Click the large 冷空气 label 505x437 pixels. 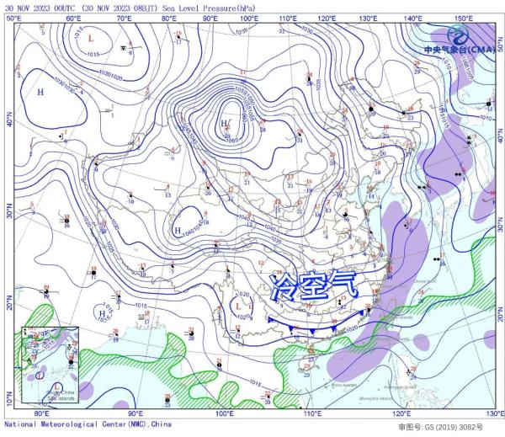(316, 287)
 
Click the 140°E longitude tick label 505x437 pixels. (412, 16)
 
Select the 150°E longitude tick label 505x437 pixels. (462, 16)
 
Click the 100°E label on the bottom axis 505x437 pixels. (225, 414)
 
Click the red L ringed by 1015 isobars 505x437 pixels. (91, 39)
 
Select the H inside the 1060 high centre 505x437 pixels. (223, 124)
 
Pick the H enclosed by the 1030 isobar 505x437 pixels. (40, 91)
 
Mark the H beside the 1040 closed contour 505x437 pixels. (178, 230)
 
